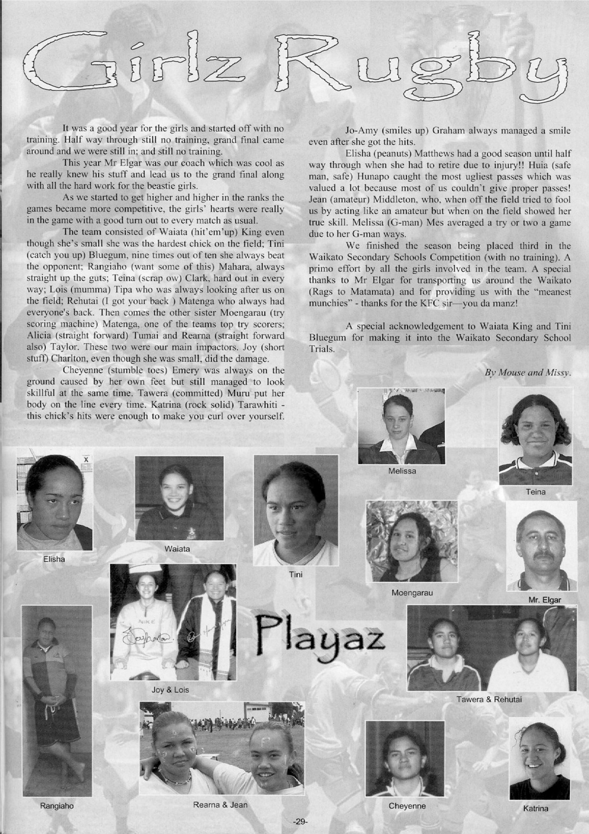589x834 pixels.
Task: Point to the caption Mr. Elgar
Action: (545, 600)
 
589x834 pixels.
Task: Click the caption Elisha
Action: (54, 559)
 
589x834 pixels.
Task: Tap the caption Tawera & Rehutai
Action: (489, 699)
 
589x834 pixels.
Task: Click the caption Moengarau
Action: (412, 592)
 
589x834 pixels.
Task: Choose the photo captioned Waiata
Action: (179, 498)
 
